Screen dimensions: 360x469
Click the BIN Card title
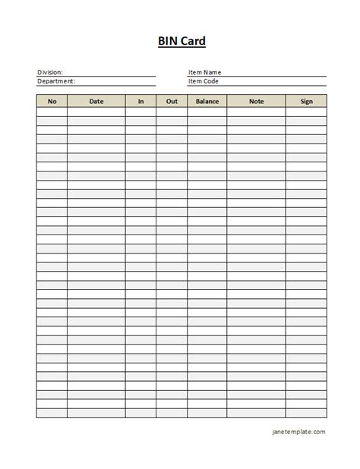(x=182, y=41)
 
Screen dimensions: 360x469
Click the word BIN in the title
(x=169, y=41)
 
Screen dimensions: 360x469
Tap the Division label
(x=50, y=73)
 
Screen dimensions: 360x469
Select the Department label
(x=56, y=81)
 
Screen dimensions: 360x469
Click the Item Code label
(x=203, y=81)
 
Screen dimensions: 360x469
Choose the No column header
(x=52, y=101)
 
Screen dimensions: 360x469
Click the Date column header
(x=96, y=101)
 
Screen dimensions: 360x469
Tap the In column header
(x=141, y=101)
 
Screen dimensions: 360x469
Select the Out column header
(x=172, y=101)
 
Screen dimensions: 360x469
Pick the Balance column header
(x=207, y=101)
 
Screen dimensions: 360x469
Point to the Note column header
(x=256, y=101)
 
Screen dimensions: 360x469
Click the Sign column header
(x=306, y=101)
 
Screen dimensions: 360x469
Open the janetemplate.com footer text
(x=298, y=432)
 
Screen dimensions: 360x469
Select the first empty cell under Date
(x=96, y=112)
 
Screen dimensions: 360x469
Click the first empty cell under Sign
(x=306, y=112)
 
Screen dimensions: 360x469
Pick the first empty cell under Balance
(x=207, y=112)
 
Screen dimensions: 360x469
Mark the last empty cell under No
(x=52, y=414)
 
